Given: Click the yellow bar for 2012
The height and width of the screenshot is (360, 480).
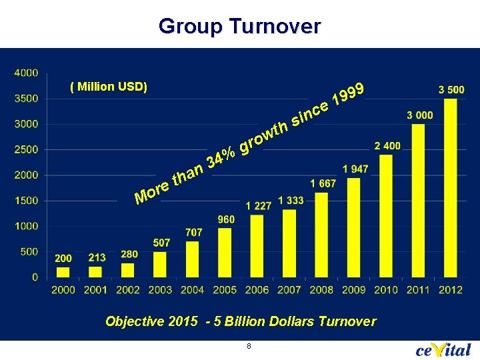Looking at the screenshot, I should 451,187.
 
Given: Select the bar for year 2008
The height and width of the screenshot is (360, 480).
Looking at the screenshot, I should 321,234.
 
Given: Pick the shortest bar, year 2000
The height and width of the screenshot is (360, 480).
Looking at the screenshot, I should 63,271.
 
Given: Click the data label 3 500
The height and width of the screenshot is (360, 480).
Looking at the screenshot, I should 451,89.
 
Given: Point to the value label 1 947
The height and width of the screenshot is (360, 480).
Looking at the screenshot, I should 355,169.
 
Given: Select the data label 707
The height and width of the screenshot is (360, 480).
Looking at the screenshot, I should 193,232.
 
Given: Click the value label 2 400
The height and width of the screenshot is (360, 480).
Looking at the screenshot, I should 387,145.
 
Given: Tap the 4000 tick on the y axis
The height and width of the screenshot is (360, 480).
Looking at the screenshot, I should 26,73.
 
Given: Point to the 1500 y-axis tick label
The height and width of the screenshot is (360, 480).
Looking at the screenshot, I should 26,201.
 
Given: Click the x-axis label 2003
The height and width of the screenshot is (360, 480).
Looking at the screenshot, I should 160,290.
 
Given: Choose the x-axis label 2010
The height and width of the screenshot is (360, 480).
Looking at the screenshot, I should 386,290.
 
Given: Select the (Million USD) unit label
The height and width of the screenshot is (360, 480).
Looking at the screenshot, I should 109,87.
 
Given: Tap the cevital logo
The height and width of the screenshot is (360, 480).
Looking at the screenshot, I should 443,349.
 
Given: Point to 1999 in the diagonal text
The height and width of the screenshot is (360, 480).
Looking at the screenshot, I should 349,93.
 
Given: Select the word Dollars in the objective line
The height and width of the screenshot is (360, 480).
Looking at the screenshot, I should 291,321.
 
